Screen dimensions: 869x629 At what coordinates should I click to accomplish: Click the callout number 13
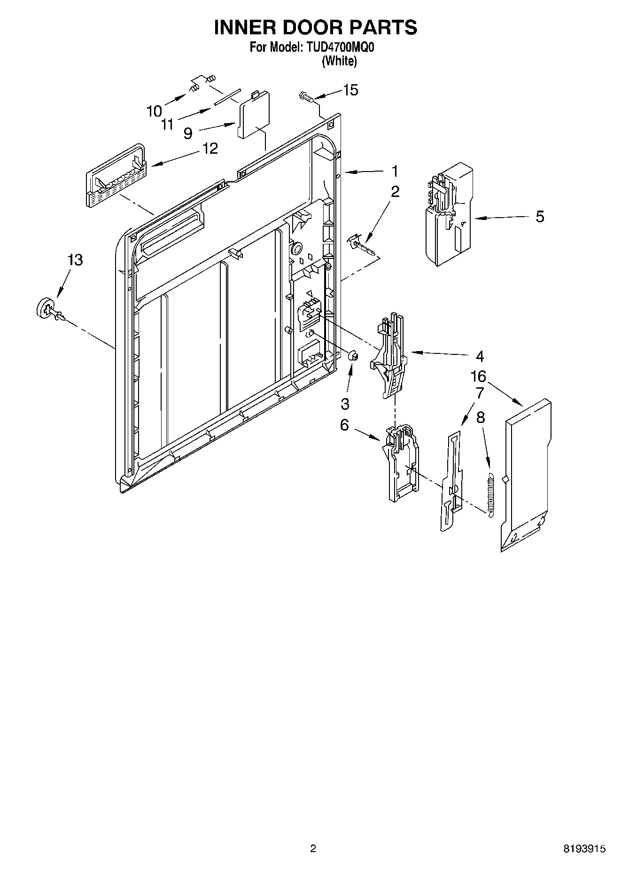point(75,260)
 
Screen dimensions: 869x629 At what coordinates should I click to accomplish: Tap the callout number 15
point(350,90)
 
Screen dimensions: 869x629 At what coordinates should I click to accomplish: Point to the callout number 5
point(540,217)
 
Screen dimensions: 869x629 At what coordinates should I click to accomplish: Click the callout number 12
point(210,149)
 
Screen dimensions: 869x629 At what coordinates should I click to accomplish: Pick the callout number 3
point(345,403)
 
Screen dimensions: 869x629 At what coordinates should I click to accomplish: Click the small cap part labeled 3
point(354,356)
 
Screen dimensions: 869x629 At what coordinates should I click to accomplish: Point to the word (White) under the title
point(339,61)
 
